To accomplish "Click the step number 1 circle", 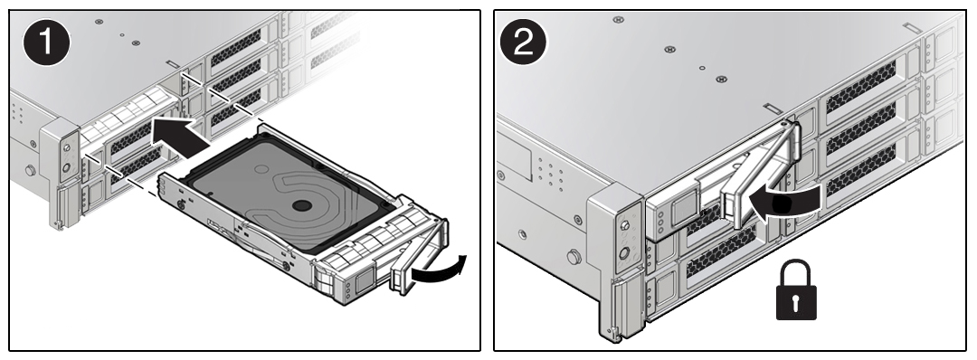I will click(43, 44).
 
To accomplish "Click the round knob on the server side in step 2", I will click(573, 257).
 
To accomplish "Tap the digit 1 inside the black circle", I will click(43, 44).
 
